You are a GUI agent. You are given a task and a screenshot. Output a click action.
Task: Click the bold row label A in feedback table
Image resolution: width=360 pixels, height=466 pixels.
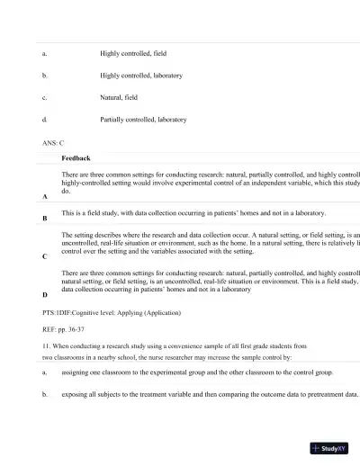45,196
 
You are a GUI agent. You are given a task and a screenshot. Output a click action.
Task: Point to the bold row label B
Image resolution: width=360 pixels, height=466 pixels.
45,219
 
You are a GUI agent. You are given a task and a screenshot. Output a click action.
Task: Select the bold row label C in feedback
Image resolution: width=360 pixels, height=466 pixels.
45,256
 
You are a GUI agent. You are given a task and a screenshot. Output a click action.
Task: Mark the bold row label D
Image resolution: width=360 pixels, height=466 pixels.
45,294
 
